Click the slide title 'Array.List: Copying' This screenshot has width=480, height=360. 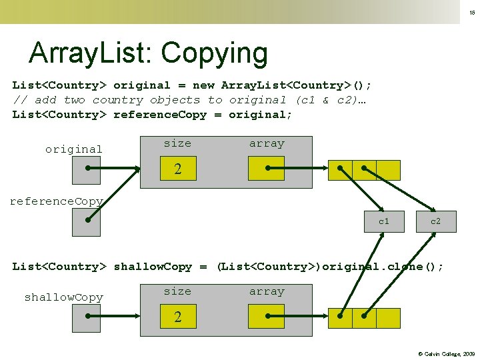[x=148, y=53]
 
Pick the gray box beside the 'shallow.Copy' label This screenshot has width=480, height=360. [x=86, y=317]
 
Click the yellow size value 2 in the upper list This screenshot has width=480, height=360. [x=177, y=169]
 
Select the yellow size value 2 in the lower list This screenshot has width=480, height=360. [x=177, y=317]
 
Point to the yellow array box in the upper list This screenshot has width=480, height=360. [x=266, y=169]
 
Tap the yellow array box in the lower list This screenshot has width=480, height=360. [x=266, y=317]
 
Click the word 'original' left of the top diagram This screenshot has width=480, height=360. [x=74, y=149]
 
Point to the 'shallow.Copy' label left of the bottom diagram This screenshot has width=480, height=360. [x=64, y=297]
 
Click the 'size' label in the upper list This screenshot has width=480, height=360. [x=177, y=143]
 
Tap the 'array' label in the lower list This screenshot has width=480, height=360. [x=267, y=291]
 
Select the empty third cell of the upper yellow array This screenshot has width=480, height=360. [x=389, y=171]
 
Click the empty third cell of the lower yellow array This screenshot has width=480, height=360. [x=389, y=318]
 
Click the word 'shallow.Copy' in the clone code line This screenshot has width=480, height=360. [x=153, y=267]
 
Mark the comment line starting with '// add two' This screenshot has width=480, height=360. [x=189, y=100]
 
